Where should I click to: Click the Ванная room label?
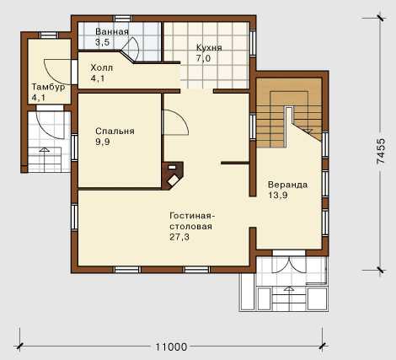coord(112,31)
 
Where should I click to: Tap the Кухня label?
coord(209,47)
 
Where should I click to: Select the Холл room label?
coord(102,67)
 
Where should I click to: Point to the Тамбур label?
coord(48,87)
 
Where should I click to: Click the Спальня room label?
coord(115,131)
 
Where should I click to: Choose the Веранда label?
coord(287,185)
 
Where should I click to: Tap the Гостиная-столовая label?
coord(192,221)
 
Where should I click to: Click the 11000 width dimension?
coord(171,347)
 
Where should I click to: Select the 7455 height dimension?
coord(381,151)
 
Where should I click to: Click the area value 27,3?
coord(179,237)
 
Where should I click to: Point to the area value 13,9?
coord(278,196)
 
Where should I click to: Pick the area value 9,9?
coord(103,142)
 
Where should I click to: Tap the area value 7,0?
coord(203,58)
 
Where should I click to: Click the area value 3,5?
coord(102,42)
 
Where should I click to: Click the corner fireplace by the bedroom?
coord(173,175)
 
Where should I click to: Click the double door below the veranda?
coord(289,264)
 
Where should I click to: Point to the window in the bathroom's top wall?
coord(123,19)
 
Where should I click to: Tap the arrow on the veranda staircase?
coord(308,131)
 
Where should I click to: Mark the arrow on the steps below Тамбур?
coord(44,149)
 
